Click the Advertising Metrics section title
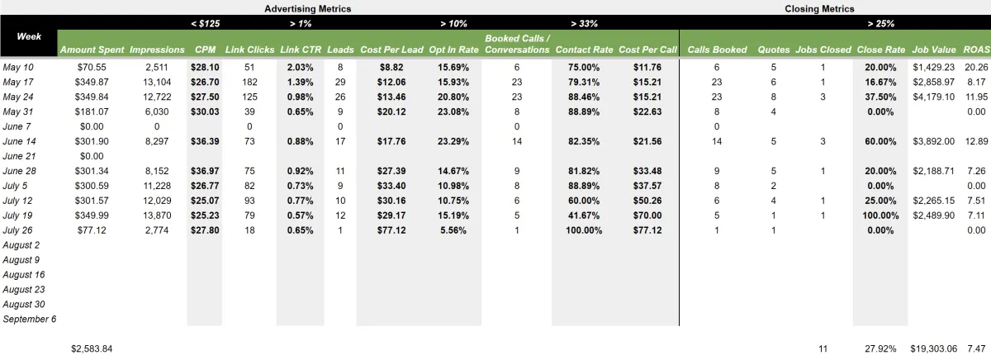307,9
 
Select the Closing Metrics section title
819,9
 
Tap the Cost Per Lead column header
391,50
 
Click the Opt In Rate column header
453,50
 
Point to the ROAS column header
976,50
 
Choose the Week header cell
29,36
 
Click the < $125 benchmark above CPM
206,23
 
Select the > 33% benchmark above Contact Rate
584,23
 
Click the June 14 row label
19,141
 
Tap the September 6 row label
29,319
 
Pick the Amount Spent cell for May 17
92,82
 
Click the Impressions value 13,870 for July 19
157,216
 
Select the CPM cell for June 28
205,171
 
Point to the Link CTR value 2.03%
300,67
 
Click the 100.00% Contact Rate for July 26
584,230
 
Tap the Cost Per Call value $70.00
647,216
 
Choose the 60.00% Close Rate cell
880,141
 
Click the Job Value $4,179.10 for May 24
933,97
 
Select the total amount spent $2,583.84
92,348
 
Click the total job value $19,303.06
933,348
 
